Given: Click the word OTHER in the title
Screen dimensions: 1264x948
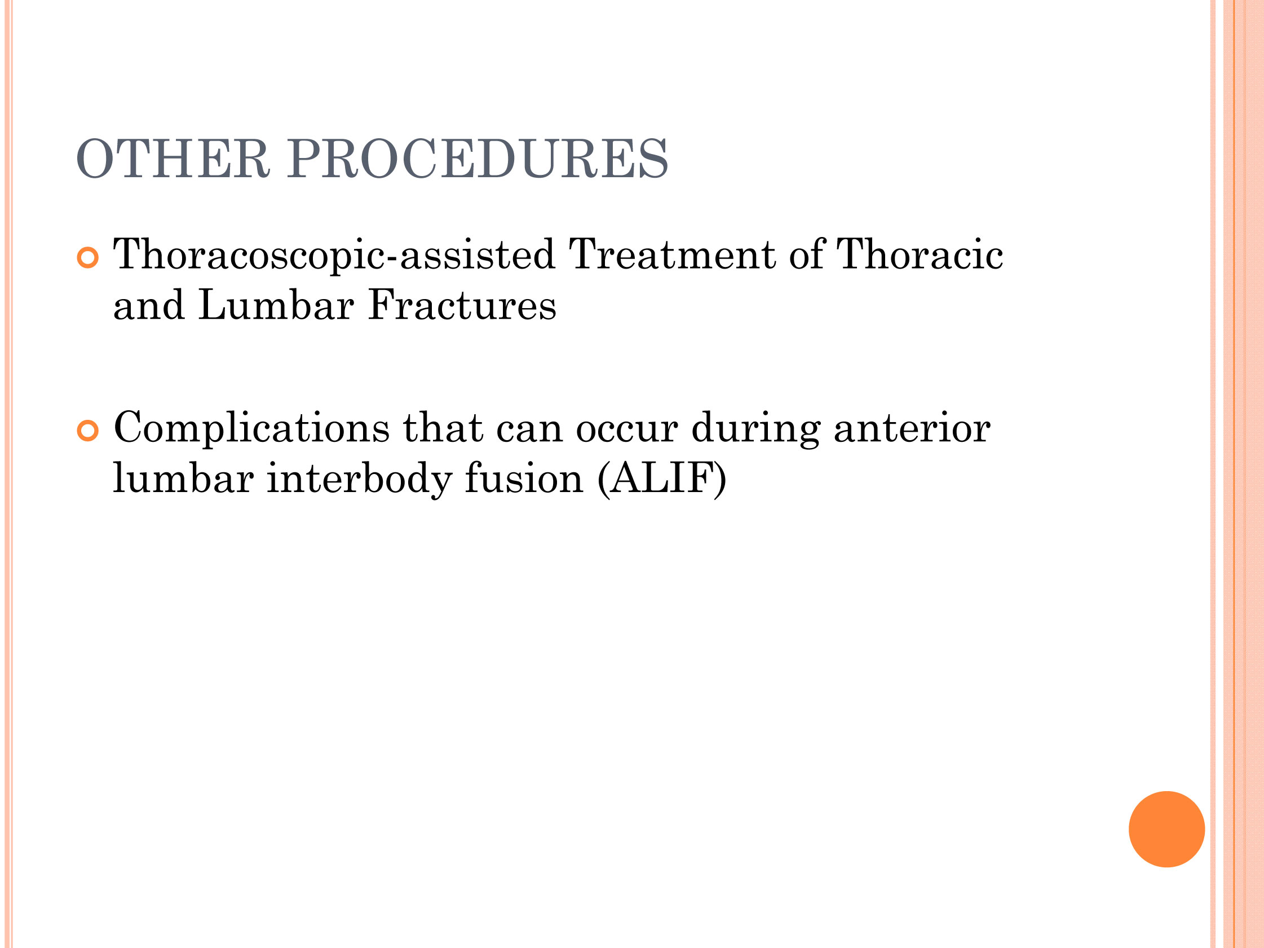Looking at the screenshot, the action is pos(173,159).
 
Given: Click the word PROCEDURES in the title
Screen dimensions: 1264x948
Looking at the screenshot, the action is pos(478,159).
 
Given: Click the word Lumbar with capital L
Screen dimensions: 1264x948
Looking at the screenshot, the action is pos(276,305).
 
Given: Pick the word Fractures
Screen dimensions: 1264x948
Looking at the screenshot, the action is pos(462,305).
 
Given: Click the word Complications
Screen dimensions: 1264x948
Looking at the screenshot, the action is pos(251,429).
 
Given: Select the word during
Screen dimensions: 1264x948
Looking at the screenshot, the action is pos(756,429).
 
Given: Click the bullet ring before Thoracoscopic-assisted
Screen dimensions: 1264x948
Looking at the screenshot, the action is pos(88,258).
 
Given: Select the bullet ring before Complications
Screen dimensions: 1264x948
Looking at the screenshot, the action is pos(88,431).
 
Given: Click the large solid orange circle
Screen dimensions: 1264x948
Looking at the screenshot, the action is pos(1167,829).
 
